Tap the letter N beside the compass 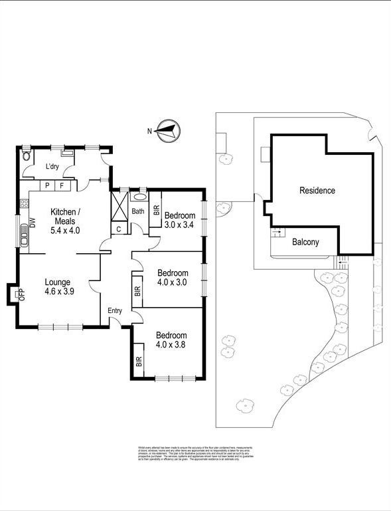[149, 131]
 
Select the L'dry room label [53, 167]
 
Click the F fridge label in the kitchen [62, 186]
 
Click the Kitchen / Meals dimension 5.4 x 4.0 [65, 231]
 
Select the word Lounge [57, 282]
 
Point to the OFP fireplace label [21, 294]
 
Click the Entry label [116, 310]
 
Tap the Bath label [138, 211]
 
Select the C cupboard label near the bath [118, 229]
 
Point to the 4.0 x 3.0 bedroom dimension [173, 282]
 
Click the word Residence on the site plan [317, 191]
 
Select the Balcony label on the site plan [305, 242]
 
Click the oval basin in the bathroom [140, 197]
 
